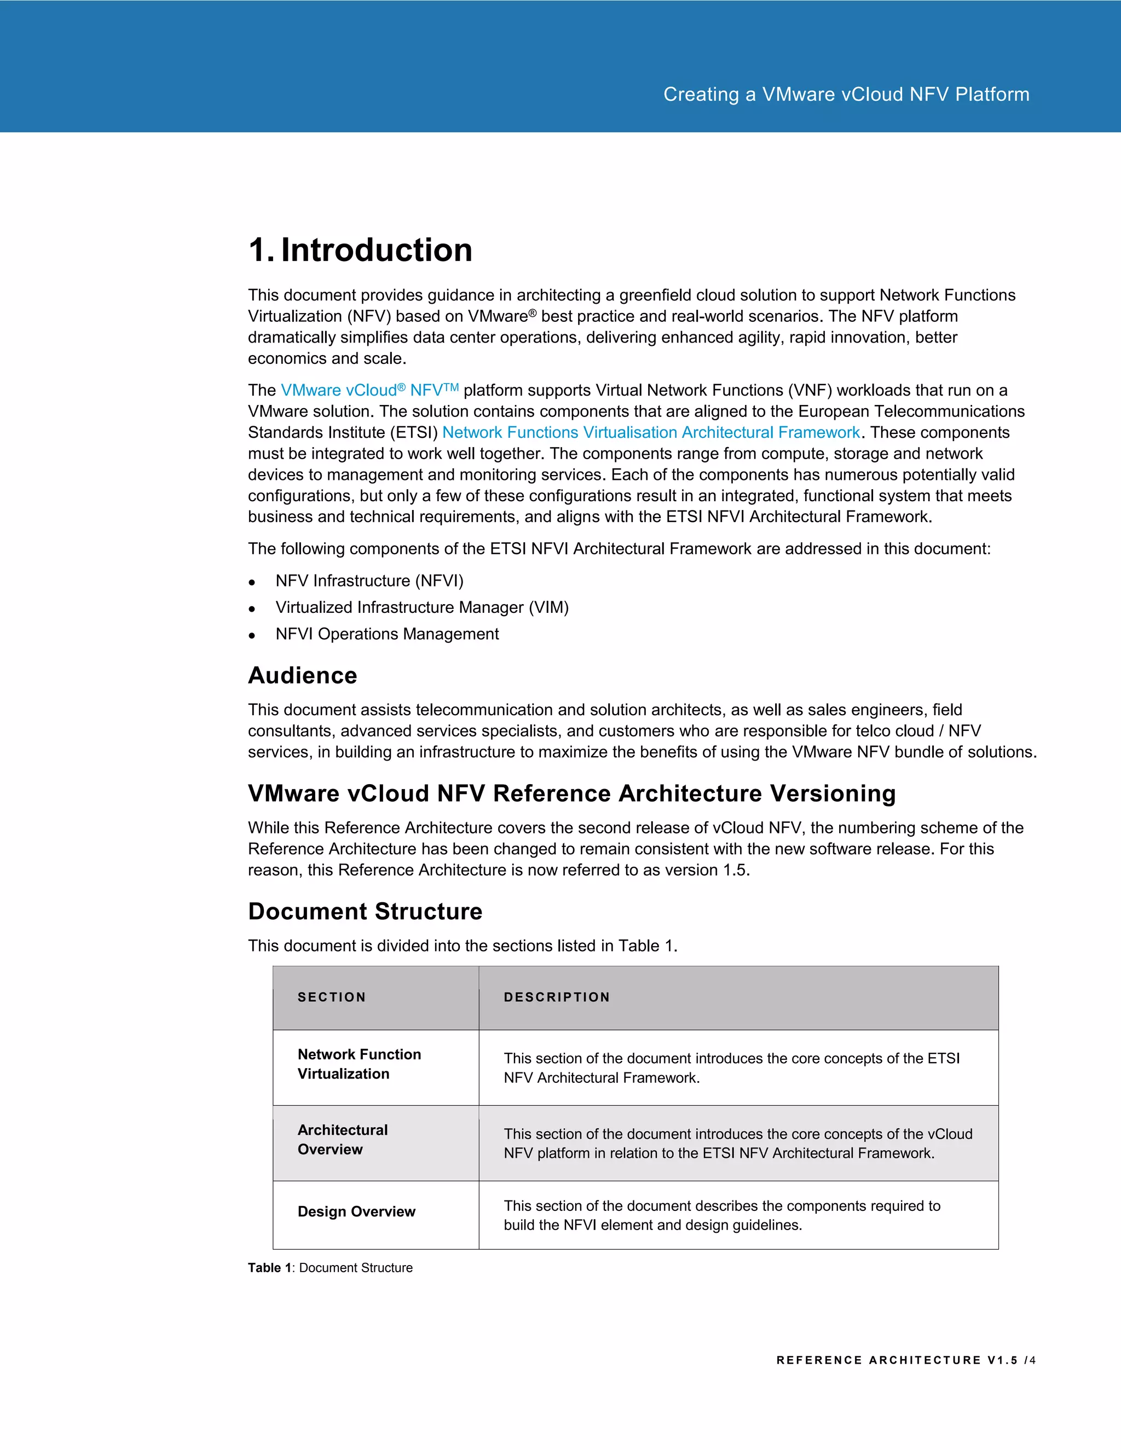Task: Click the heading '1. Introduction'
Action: click(x=360, y=250)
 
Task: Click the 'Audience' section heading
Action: click(x=302, y=675)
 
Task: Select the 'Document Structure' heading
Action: click(x=365, y=911)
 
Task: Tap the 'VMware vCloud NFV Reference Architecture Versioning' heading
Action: click(x=571, y=793)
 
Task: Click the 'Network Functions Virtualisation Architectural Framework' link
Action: click(x=651, y=433)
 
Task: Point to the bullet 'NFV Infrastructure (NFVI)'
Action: click(x=369, y=581)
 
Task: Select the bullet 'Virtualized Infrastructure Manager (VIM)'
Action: click(x=421, y=607)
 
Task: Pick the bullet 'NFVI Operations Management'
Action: click(x=386, y=634)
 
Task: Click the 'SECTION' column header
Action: click(x=331, y=997)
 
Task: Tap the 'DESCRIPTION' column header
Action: click(x=557, y=997)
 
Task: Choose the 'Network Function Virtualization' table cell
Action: click(x=359, y=1064)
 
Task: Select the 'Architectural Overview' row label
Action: click(x=342, y=1139)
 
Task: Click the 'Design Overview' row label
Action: click(x=356, y=1211)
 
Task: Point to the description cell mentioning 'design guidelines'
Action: click(x=721, y=1216)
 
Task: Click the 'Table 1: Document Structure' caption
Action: click(x=330, y=1267)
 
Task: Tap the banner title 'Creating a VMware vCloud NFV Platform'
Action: click(x=846, y=94)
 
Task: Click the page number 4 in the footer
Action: click(x=1033, y=1360)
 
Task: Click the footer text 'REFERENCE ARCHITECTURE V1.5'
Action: click(x=897, y=1360)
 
